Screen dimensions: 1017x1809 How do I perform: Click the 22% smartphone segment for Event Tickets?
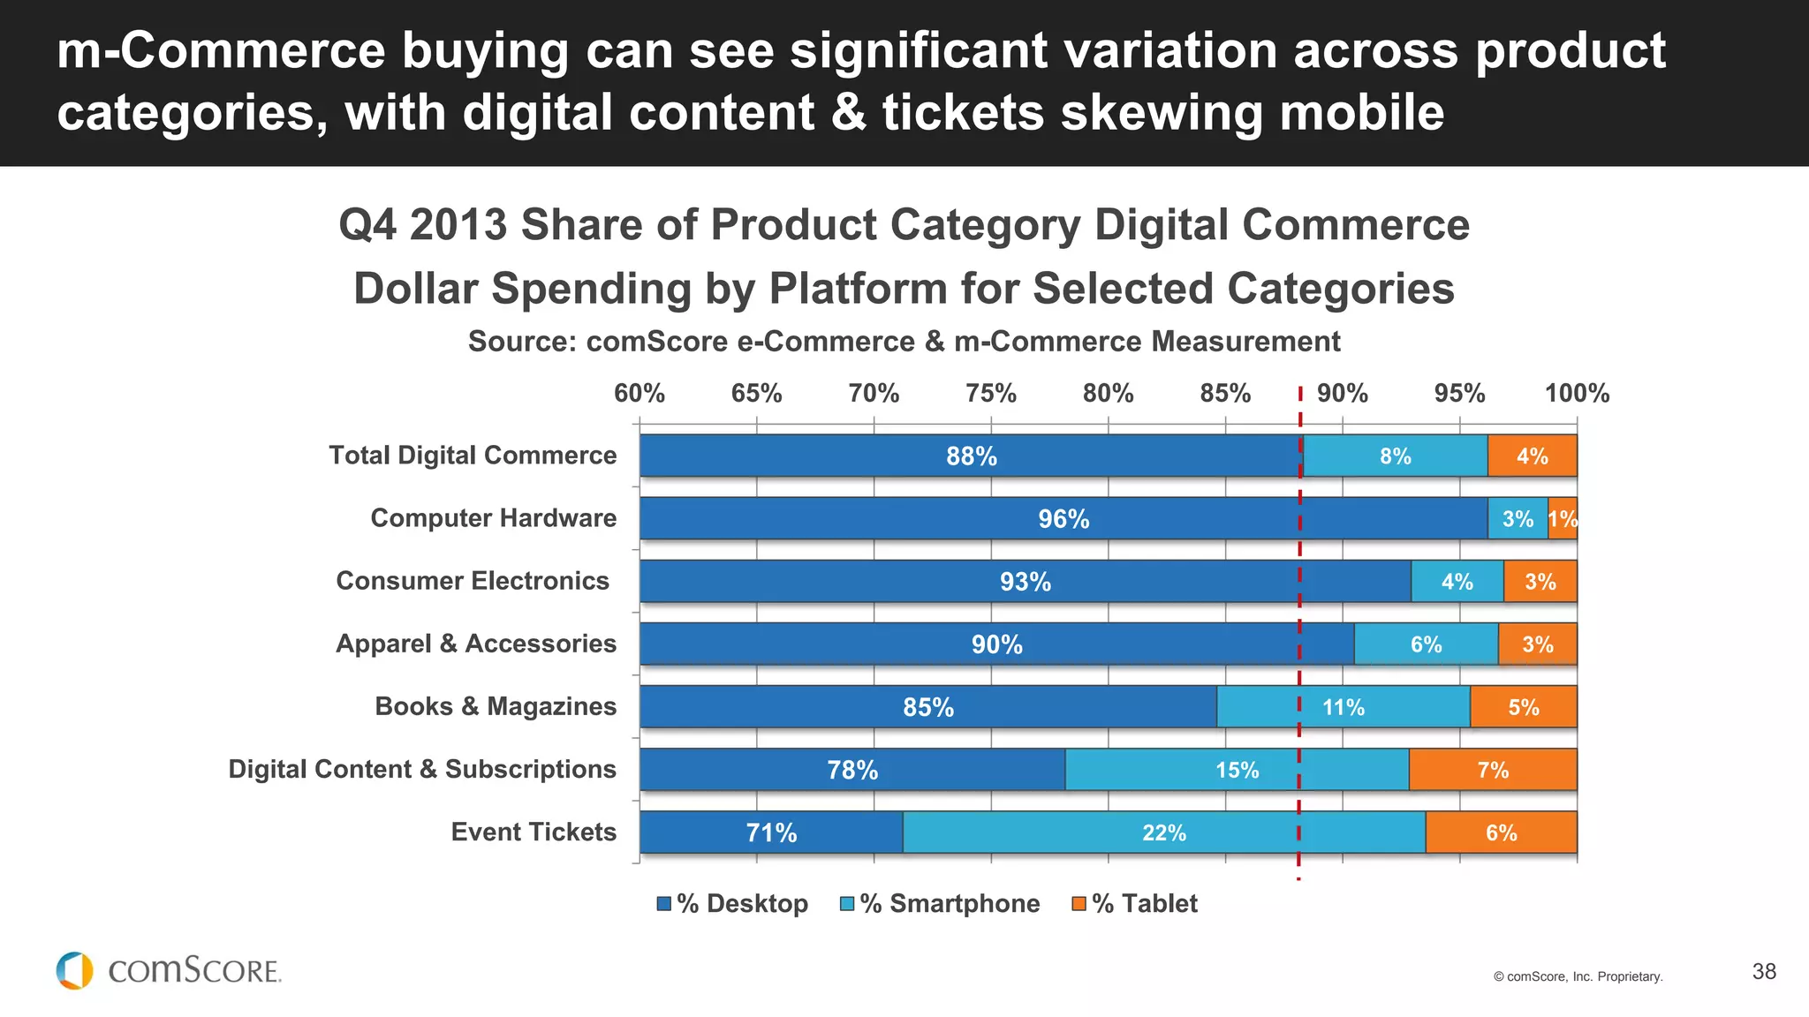1163,832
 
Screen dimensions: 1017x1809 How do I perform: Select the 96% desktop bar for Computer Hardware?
1063,519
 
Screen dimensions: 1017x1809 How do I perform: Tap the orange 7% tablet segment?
1493,770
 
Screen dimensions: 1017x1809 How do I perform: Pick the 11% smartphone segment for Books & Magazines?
1343,707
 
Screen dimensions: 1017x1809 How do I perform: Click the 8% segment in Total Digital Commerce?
1395,456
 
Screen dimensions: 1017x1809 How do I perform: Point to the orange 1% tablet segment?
1563,519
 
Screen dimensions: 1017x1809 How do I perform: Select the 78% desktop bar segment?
852,770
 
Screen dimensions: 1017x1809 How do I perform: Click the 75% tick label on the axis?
990,394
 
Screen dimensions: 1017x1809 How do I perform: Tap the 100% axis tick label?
1577,394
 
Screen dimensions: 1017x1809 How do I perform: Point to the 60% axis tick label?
640,394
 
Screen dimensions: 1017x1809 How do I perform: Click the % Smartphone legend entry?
940,904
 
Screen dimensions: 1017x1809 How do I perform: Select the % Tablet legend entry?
1135,904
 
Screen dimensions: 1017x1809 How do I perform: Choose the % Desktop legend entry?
732,904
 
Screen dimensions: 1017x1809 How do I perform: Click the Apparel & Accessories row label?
476,644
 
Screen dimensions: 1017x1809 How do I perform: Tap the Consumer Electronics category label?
473,581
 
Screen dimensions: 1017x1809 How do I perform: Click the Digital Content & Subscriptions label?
422,769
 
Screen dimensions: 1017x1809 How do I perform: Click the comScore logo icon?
74,970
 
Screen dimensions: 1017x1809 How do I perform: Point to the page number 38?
1764,972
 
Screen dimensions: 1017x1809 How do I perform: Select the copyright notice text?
1578,976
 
